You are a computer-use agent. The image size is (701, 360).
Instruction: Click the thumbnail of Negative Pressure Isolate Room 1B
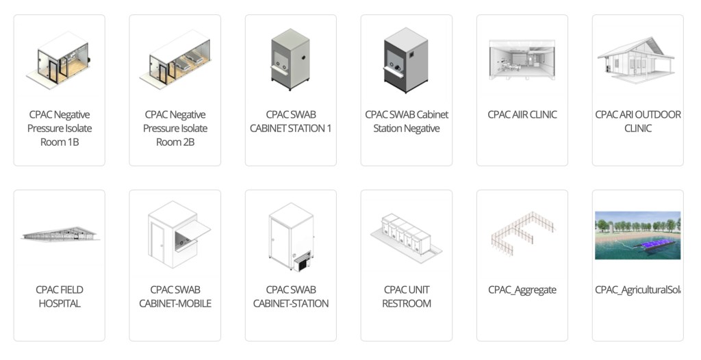[59, 60]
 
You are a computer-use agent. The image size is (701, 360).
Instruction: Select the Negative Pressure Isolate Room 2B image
[175, 60]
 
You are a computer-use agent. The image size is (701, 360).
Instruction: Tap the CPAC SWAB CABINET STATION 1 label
[290, 122]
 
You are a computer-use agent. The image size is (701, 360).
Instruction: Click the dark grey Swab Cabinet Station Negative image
[406, 60]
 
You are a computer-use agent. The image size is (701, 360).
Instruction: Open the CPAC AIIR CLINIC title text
[522, 115]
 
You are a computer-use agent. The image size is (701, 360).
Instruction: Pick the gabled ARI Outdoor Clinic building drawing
[636, 60]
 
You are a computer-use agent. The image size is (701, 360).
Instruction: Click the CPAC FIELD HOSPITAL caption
[60, 296]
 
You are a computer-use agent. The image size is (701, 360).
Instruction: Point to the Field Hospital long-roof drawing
[60, 234]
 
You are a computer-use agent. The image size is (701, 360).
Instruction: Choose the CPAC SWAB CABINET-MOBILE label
[175, 296]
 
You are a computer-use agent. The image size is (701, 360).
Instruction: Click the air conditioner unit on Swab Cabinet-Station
[301, 261]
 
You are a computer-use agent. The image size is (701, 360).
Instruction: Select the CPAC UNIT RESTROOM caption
[407, 296]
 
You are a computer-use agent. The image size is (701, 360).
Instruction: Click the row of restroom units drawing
[406, 234]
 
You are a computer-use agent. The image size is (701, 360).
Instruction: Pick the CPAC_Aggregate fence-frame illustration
[522, 234]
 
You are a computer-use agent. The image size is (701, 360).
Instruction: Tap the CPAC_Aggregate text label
[522, 290]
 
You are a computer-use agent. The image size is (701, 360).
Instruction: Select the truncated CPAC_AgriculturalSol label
[637, 290]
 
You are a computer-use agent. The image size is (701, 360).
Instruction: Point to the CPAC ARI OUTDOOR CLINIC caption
[638, 122]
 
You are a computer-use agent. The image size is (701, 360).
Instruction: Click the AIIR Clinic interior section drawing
[522, 60]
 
